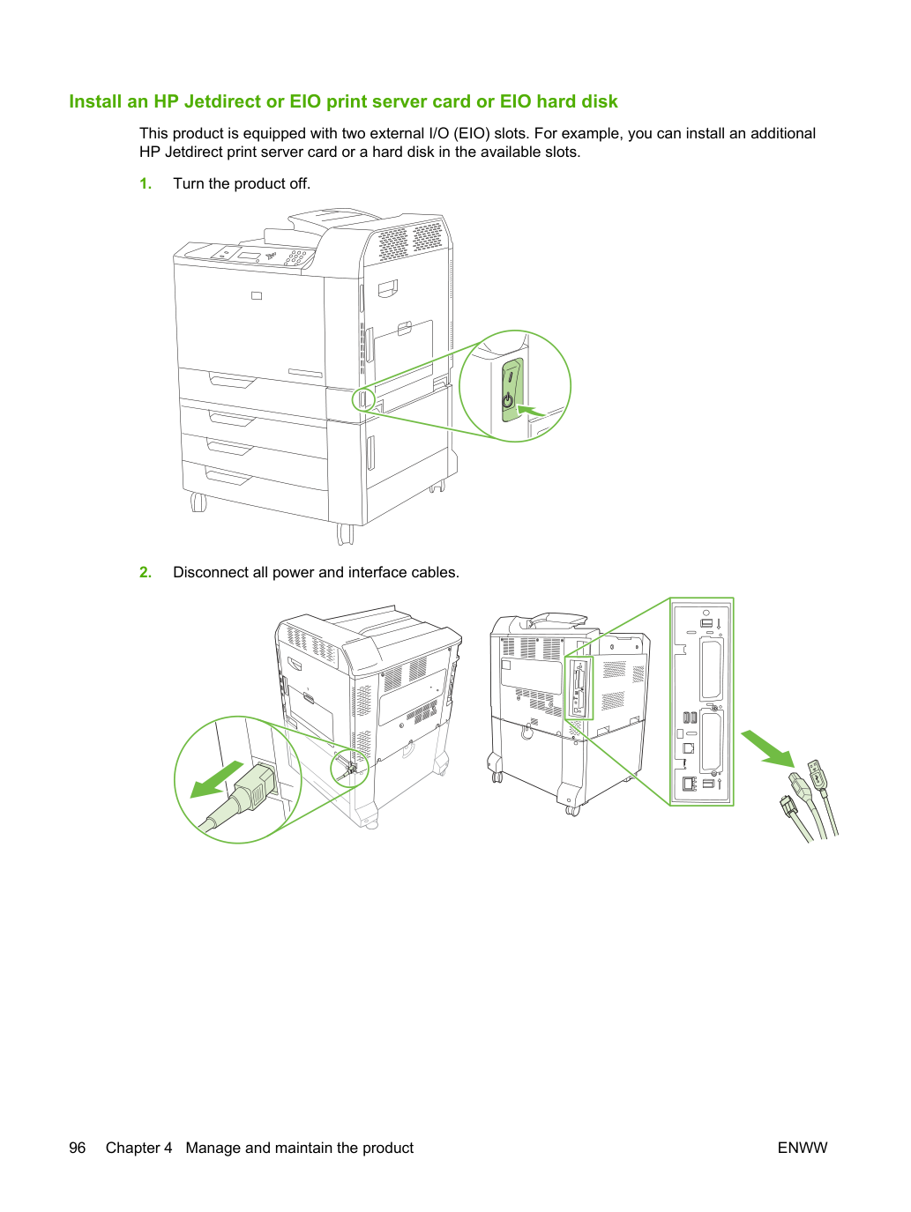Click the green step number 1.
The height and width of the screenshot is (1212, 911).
pyautogui.click(x=146, y=183)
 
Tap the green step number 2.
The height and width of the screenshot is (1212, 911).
pyautogui.click(x=146, y=572)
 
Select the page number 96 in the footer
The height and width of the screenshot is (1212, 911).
pyautogui.click(x=78, y=1148)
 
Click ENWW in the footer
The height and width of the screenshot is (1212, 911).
pyautogui.click(x=803, y=1148)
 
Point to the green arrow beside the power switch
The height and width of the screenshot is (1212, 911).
pyautogui.click(x=530, y=411)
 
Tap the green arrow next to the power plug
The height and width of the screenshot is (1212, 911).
pyautogui.click(x=216, y=779)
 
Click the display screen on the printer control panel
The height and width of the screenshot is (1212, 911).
pyautogui.click(x=248, y=256)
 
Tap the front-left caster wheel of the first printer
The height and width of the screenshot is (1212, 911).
pyautogui.click(x=198, y=502)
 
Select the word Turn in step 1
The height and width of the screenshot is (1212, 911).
pyautogui.click(x=189, y=183)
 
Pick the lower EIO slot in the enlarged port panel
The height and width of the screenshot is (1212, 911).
pyautogui.click(x=712, y=741)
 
